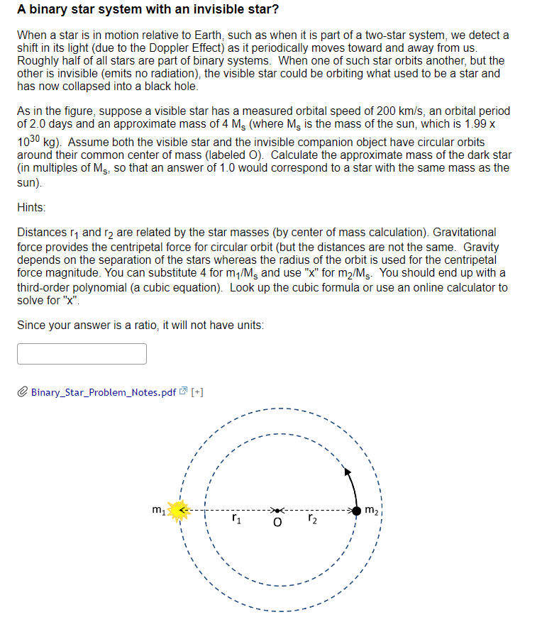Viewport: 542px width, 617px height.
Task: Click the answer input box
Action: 82,353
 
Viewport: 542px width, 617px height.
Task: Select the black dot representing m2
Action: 355,510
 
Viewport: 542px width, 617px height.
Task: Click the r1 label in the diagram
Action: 236,520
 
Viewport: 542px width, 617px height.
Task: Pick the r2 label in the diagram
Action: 313,520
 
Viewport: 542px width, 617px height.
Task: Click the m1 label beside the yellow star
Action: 158,508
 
